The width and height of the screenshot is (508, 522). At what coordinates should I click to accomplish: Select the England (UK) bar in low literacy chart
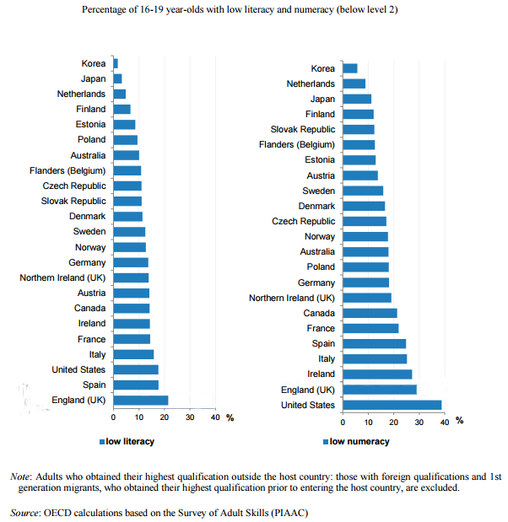140,400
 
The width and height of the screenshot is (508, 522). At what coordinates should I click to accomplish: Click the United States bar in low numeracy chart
392,405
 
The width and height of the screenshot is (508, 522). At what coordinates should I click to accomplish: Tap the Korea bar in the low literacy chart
116,63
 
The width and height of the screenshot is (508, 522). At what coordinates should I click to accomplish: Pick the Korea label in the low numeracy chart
322,68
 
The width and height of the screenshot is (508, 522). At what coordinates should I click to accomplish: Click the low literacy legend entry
127,441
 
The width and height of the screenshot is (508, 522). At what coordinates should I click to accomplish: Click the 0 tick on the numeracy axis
343,422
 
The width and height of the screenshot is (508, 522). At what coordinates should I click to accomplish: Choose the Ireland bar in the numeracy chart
377,374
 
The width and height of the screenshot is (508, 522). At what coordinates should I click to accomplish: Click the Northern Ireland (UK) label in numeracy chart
291,298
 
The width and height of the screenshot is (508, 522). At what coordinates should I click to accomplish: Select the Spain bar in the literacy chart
135,385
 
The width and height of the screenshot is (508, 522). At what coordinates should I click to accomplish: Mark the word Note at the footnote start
21,476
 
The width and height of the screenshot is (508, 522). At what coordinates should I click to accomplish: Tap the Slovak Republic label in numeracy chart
302,129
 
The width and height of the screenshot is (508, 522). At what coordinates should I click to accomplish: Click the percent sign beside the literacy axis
230,417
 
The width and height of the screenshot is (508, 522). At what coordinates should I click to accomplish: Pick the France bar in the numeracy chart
370,328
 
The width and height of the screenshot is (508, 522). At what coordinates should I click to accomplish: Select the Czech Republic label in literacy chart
74,186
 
